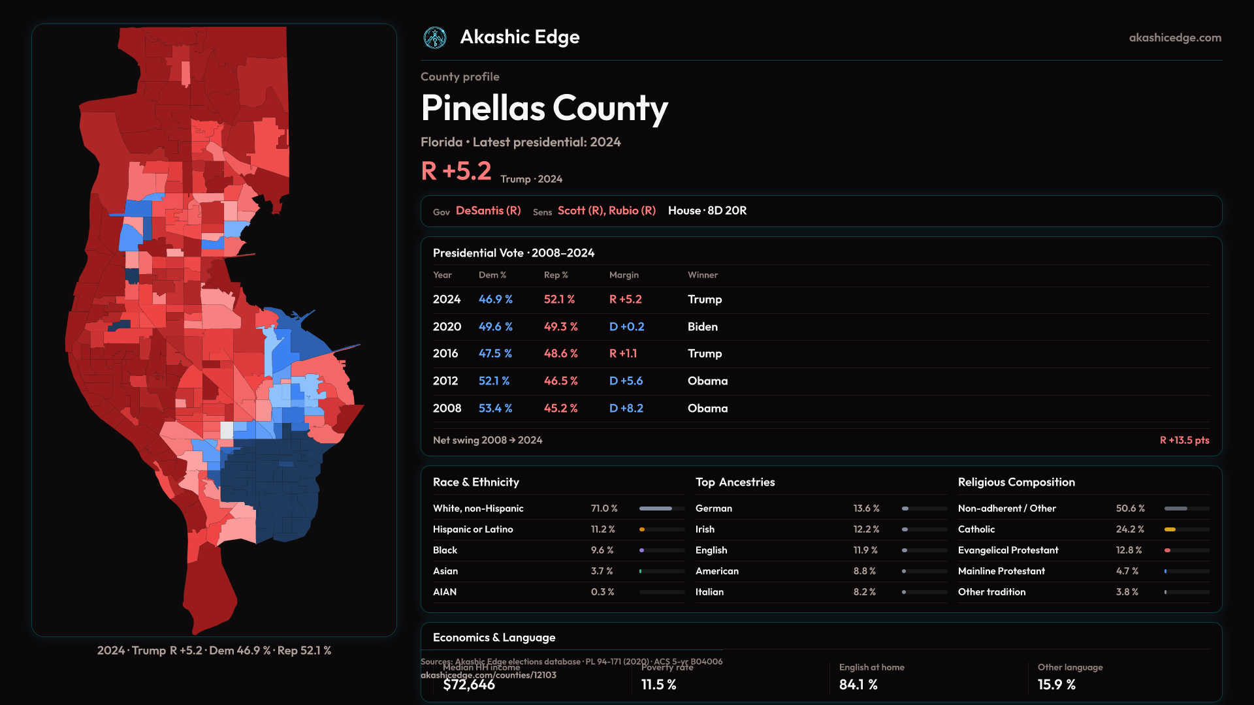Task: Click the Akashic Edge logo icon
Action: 435,38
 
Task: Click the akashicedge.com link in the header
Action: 1175,38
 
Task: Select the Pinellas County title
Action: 544,108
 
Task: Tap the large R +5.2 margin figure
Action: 456,171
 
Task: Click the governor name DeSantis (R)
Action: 488,211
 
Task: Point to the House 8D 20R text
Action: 707,211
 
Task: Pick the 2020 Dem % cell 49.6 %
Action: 495,326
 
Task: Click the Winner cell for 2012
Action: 707,381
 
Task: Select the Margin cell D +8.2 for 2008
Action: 626,408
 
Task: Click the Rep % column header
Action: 556,275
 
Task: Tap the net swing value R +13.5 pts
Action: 1184,440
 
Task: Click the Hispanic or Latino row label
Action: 473,529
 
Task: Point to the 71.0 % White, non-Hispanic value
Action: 603,509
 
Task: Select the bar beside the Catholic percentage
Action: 1187,529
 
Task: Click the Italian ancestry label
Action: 709,592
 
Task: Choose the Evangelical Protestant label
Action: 1008,550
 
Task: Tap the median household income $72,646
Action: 469,685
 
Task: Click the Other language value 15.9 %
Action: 1056,685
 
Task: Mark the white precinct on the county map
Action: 227,430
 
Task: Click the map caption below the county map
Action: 214,651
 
